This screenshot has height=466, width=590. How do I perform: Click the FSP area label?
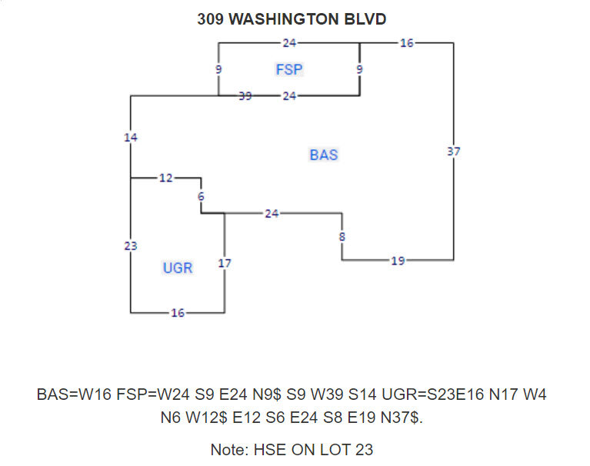289,70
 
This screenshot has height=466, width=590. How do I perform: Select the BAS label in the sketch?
324,155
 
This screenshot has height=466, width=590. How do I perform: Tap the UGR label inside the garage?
178,268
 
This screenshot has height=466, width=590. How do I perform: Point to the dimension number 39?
245,95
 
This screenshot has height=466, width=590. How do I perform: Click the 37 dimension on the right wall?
453,151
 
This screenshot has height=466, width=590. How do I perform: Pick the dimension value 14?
131,137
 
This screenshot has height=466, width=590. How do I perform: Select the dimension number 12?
166,178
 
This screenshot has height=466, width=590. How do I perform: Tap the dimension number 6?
201,196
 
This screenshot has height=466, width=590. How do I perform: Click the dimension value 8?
342,236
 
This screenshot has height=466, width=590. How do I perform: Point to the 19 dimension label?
397,261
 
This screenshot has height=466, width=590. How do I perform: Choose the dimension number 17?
225,263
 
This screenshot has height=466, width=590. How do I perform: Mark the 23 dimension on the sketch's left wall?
131,245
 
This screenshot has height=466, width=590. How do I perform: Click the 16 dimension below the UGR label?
178,313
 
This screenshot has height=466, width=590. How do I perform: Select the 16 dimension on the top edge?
407,43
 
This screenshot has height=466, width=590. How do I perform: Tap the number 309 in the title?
211,19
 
